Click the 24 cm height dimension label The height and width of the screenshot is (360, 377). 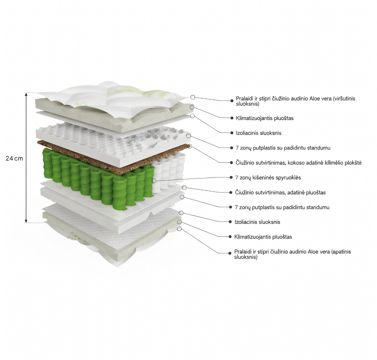(14, 158)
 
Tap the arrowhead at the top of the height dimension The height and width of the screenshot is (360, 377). (26, 95)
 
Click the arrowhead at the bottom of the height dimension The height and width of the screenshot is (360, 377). (26, 221)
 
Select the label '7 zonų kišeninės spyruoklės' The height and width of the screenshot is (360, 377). (268, 177)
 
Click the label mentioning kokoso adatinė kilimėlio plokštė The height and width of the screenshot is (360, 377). (299, 163)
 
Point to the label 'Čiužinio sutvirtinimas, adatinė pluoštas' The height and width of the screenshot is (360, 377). (280, 192)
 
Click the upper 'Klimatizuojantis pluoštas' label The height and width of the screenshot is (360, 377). (265, 118)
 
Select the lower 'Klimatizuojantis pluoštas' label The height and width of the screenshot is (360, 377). (263, 237)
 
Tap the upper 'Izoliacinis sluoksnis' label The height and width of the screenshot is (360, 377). (258, 133)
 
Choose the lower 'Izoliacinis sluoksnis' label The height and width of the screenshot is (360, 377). (257, 222)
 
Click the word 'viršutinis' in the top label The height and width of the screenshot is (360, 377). (344, 98)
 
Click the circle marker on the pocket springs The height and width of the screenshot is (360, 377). (154, 181)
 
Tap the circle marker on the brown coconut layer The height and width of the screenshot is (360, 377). (189, 146)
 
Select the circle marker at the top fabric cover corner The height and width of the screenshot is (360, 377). (192, 97)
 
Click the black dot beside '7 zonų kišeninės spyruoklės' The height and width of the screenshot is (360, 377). (231, 177)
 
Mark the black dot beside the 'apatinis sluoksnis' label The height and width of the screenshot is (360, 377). (230, 253)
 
